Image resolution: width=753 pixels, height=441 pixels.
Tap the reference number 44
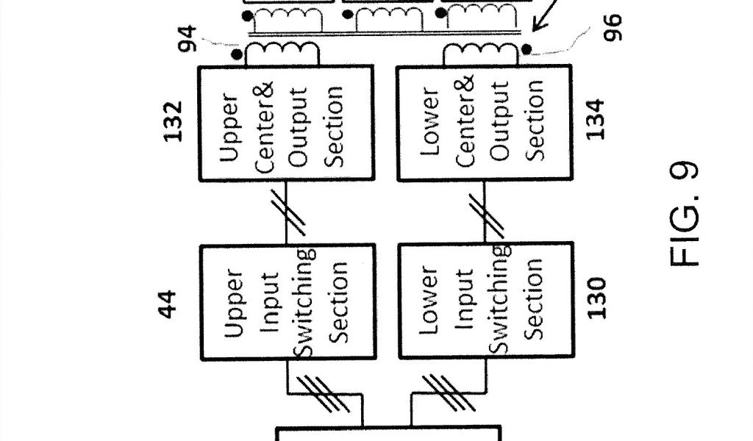coord(169,303)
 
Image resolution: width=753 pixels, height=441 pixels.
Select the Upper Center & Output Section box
coord(286,123)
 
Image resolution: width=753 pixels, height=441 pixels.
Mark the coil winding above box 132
coord(283,52)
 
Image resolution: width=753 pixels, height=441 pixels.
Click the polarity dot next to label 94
coord(236,54)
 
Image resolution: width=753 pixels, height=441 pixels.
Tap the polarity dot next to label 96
coord(529,49)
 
